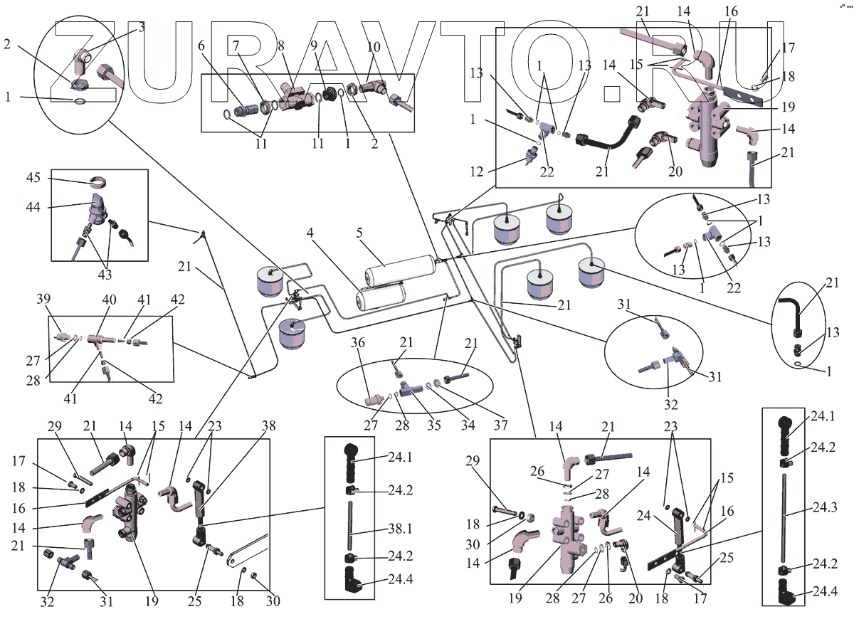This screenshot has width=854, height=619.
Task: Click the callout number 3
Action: coord(141,27)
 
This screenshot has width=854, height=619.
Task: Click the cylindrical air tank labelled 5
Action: coord(399,269)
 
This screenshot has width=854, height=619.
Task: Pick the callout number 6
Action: coord(201,44)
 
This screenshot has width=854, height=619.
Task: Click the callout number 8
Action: coord(281,44)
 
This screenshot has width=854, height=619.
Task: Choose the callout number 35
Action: coord(432,425)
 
